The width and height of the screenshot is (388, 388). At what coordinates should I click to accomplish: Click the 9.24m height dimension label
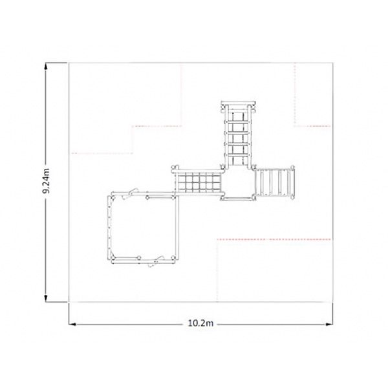46,180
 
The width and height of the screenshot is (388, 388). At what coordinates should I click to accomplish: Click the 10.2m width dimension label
200,323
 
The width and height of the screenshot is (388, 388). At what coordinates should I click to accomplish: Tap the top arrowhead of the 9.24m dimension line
46,67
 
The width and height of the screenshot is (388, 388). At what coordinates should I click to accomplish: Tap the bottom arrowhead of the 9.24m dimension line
46,298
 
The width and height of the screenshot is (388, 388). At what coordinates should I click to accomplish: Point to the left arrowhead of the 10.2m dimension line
72,324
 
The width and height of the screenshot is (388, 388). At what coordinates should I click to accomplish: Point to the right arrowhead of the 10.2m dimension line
329,324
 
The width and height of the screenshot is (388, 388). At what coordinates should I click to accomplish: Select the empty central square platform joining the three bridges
238,183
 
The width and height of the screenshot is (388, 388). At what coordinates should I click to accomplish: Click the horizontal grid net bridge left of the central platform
199,182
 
